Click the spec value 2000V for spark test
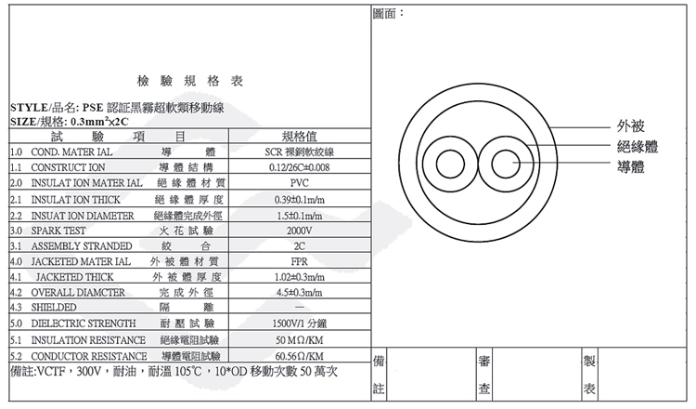299,230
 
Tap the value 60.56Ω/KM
299,356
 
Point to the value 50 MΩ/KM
299,340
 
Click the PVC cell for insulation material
299,183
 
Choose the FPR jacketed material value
299,261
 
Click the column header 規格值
299,136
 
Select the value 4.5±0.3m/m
299,293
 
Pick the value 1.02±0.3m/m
299,277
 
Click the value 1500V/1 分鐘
299,324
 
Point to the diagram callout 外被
630,126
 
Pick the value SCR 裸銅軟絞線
299,152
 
